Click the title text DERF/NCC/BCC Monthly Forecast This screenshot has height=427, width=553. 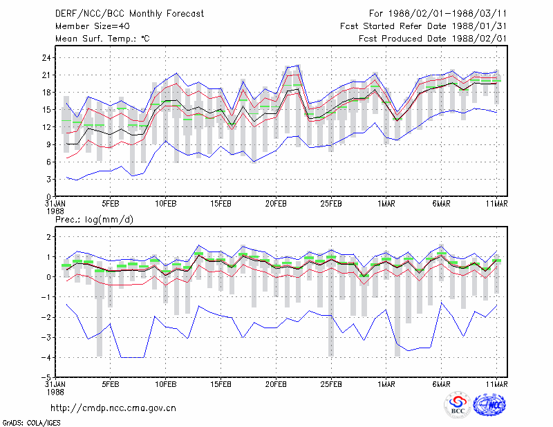[129, 14]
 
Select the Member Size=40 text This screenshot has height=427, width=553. [93, 26]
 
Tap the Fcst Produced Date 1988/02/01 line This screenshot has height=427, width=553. [433, 39]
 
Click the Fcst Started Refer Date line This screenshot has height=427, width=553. [423, 26]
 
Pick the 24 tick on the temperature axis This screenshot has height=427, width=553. [46, 58]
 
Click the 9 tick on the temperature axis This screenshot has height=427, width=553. [48, 144]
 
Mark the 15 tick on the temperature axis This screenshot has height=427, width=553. [46, 110]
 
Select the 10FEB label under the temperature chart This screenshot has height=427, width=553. [166, 204]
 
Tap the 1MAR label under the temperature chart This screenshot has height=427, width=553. [386, 204]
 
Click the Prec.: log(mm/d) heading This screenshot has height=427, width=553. [94, 220]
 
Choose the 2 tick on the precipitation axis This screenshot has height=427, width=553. [48, 236]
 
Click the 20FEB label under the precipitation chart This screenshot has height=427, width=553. [276, 384]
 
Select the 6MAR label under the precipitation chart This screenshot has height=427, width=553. [441, 384]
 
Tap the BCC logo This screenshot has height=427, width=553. [458, 404]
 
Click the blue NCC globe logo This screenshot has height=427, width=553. [489, 404]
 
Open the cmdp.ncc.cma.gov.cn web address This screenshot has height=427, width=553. [113, 408]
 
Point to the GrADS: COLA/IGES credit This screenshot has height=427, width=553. [32, 423]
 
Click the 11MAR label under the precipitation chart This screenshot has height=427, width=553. [496, 384]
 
